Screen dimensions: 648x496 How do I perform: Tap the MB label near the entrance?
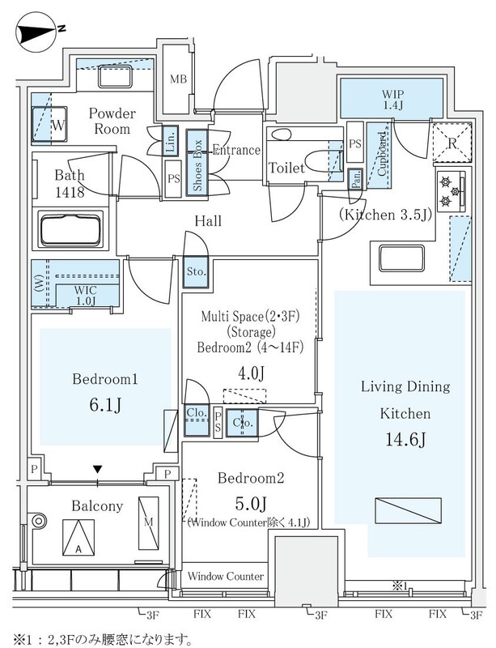(x=179, y=79)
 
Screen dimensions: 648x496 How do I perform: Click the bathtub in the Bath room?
(x=71, y=229)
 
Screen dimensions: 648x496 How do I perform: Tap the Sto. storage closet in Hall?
(x=195, y=271)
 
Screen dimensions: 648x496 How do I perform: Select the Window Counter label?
(x=225, y=576)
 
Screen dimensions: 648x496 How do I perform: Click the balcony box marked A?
(x=77, y=535)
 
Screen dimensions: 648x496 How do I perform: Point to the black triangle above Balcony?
(x=98, y=469)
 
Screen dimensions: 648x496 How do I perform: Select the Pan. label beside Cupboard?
(x=355, y=178)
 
